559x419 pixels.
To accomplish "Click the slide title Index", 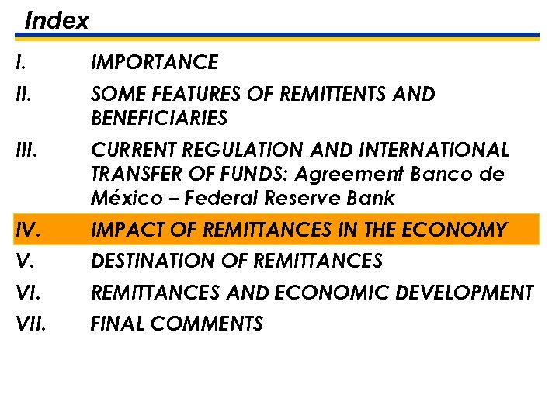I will (x=57, y=20).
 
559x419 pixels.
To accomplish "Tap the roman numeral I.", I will (x=19, y=62).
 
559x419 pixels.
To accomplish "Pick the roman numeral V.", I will (x=23, y=261).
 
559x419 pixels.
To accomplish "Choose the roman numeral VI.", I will (x=26, y=293).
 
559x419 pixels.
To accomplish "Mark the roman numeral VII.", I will (x=30, y=324).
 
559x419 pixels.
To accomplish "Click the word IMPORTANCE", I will (x=155, y=62).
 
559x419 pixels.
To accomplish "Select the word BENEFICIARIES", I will (x=159, y=119).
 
